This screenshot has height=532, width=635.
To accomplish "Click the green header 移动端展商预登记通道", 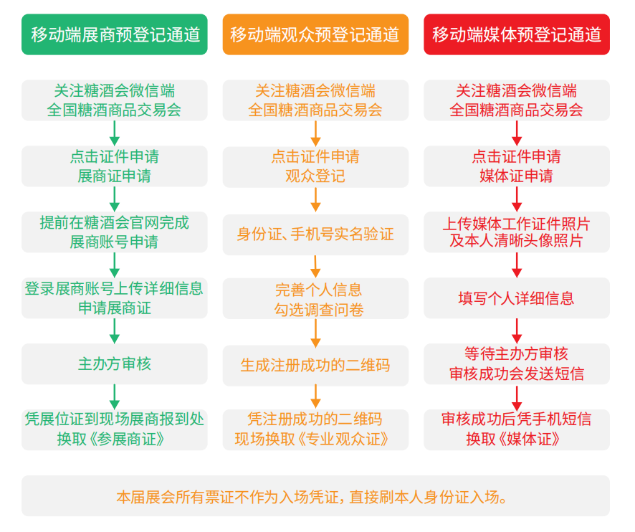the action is coord(115,34).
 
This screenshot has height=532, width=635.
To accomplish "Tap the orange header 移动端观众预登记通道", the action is coord(315,34).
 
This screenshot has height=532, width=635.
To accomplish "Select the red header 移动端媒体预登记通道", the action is coord(517,34).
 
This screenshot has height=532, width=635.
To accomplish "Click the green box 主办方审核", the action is coord(115,364).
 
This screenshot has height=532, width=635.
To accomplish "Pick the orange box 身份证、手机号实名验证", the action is coord(315,234).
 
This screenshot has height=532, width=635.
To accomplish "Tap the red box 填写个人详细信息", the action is coord(517,298).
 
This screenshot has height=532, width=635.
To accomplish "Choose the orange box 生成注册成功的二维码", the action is coord(315,366).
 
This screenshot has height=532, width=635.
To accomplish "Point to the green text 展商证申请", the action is coord(115,176).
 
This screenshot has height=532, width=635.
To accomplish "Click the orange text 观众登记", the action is coord(315,176).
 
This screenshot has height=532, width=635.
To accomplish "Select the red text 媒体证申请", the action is coord(516,176).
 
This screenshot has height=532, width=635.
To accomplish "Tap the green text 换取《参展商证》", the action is coord(111,440).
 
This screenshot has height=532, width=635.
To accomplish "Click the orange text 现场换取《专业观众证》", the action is coord(312,440).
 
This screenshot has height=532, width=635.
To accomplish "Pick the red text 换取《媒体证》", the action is coord(513,440).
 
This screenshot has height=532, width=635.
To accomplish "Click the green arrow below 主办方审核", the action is coord(115,396).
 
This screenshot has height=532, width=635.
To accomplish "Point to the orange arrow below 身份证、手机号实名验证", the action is coord(315,266).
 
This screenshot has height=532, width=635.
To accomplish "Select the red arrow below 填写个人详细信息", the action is coord(517,331).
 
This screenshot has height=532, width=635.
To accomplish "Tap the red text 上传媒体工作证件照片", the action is coord(516,224).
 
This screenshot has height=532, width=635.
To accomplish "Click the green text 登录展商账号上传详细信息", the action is coord(114,288).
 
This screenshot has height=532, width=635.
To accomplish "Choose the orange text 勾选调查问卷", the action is coord(319,310).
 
